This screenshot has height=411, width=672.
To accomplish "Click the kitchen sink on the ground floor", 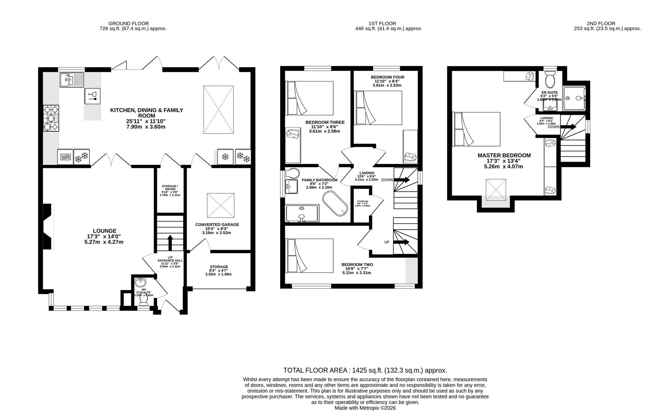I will click(x=71, y=80).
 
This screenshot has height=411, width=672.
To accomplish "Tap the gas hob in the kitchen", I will click(x=51, y=118).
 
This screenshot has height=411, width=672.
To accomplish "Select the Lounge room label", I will click(x=105, y=236).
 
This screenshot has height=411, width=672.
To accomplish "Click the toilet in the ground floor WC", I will click(x=144, y=300).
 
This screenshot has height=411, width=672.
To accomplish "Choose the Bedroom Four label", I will click(x=387, y=81).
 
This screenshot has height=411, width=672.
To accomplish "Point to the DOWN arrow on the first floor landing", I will click(x=403, y=180).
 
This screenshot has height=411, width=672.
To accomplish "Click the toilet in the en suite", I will click(x=550, y=80).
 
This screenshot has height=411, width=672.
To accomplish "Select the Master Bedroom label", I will click(x=504, y=161).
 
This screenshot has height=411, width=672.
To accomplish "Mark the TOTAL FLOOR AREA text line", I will click(x=365, y=370).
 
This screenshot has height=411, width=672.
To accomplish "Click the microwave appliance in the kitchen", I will click(x=64, y=157).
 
